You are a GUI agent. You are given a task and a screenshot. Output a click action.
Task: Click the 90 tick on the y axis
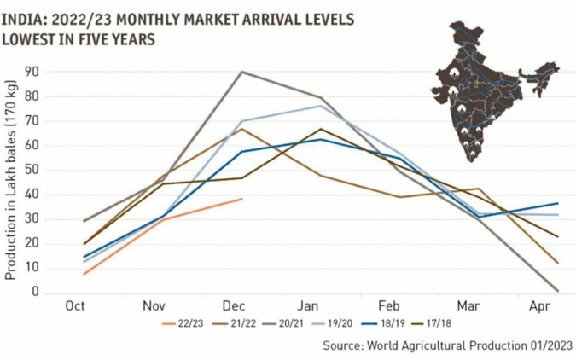click(x=34, y=72)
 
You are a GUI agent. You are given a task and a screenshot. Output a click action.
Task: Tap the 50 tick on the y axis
click(x=34, y=170)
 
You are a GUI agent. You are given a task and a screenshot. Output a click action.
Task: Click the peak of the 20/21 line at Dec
click(x=242, y=72)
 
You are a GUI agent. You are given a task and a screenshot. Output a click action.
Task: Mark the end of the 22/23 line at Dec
click(x=242, y=199)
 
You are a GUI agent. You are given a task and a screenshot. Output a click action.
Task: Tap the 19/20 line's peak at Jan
click(x=321, y=106)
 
